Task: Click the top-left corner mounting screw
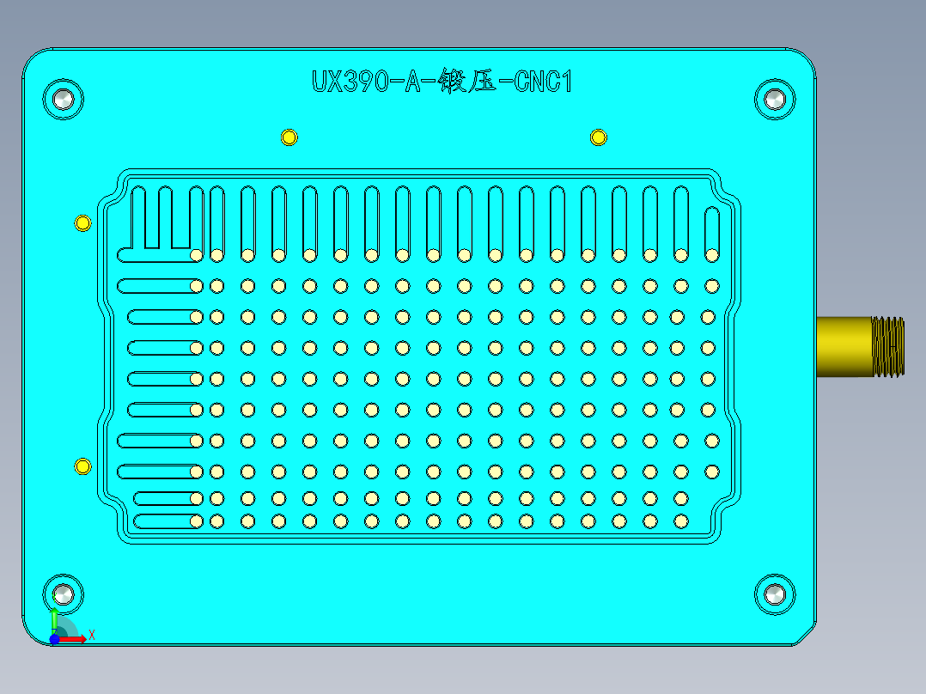(x=64, y=99)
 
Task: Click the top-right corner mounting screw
(x=775, y=99)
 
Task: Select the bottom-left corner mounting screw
(x=64, y=594)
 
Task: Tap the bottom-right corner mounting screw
(x=775, y=594)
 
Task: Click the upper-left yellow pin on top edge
(x=289, y=137)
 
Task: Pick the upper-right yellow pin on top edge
(x=598, y=137)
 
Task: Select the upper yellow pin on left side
(x=82, y=223)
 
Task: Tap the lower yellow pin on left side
(x=82, y=466)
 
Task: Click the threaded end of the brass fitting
(x=888, y=346)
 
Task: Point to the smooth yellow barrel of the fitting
(x=842, y=346)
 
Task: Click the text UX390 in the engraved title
(x=348, y=82)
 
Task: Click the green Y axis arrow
(x=54, y=618)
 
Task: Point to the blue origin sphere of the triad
(x=54, y=639)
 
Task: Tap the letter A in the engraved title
(x=414, y=82)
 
